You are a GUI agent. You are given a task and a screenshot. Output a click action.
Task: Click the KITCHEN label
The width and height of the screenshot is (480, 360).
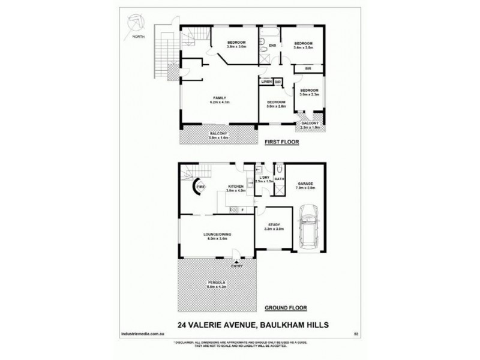234,187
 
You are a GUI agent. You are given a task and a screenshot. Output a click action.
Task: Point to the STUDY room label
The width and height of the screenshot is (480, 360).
274,224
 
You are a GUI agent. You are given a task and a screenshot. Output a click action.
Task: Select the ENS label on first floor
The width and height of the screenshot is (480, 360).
272,46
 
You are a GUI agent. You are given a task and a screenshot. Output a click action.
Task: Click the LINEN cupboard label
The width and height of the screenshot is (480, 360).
266,81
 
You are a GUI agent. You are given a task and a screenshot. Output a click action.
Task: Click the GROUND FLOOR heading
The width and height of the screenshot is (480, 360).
286,308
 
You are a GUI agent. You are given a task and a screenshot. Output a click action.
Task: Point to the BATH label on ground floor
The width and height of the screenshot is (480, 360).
279,179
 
